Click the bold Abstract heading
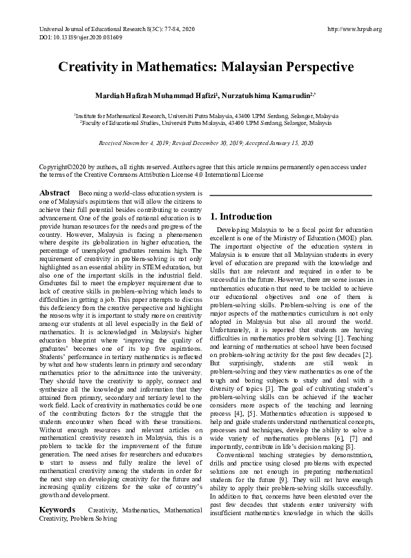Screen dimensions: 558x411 tap(55, 193)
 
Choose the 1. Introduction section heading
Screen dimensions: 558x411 tap(241, 217)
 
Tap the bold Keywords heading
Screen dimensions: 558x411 tap(57, 510)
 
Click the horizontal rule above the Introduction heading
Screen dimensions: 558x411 tap(290, 196)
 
